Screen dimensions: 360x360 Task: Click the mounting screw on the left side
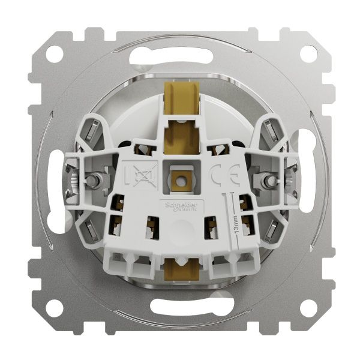point(94,180)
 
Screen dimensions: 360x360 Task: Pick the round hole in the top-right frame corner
point(307,53)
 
